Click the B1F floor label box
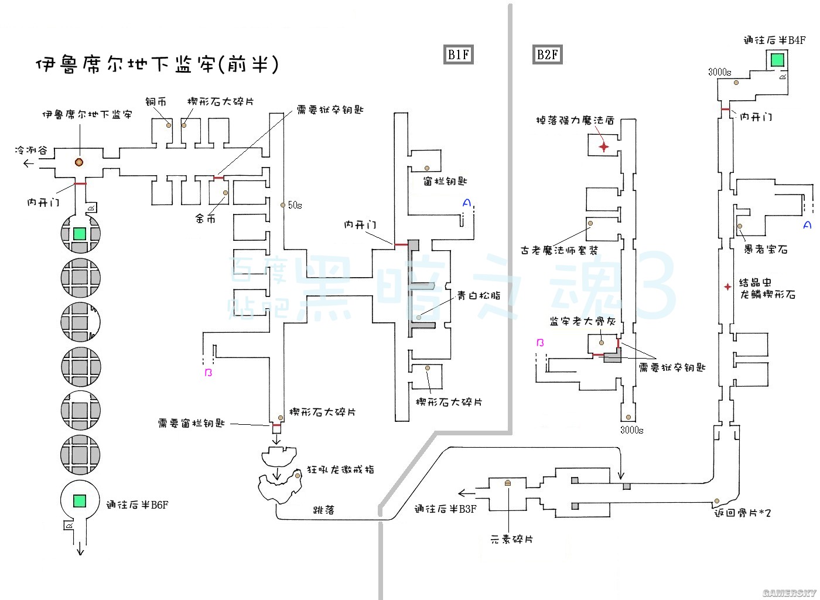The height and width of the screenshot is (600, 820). pyautogui.click(x=458, y=54)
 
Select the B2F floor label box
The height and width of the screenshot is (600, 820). pyautogui.click(x=547, y=54)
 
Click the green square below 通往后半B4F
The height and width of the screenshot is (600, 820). pyautogui.click(x=777, y=59)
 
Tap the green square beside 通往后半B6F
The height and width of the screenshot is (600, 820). pyautogui.click(x=80, y=501)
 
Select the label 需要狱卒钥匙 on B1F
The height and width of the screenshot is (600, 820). pyautogui.click(x=330, y=110)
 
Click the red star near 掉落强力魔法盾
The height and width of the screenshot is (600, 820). pyautogui.click(x=603, y=146)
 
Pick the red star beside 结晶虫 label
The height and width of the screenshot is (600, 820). pyautogui.click(x=727, y=287)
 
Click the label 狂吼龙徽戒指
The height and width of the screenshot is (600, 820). pyautogui.click(x=340, y=469)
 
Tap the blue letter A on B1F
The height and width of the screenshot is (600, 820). pyautogui.click(x=466, y=203)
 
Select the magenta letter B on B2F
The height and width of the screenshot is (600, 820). pyautogui.click(x=540, y=343)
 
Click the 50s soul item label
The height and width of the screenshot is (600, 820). pyautogui.click(x=295, y=205)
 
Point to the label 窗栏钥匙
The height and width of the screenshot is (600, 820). pyautogui.click(x=445, y=182)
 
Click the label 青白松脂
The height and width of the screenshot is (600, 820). pyautogui.click(x=479, y=296)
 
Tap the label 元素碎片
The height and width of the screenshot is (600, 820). pyautogui.click(x=512, y=539)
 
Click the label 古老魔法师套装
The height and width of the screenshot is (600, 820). pyautogui.click(x=559, y=250)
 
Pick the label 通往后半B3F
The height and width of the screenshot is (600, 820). pyautogui.click(x=445, y=509)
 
